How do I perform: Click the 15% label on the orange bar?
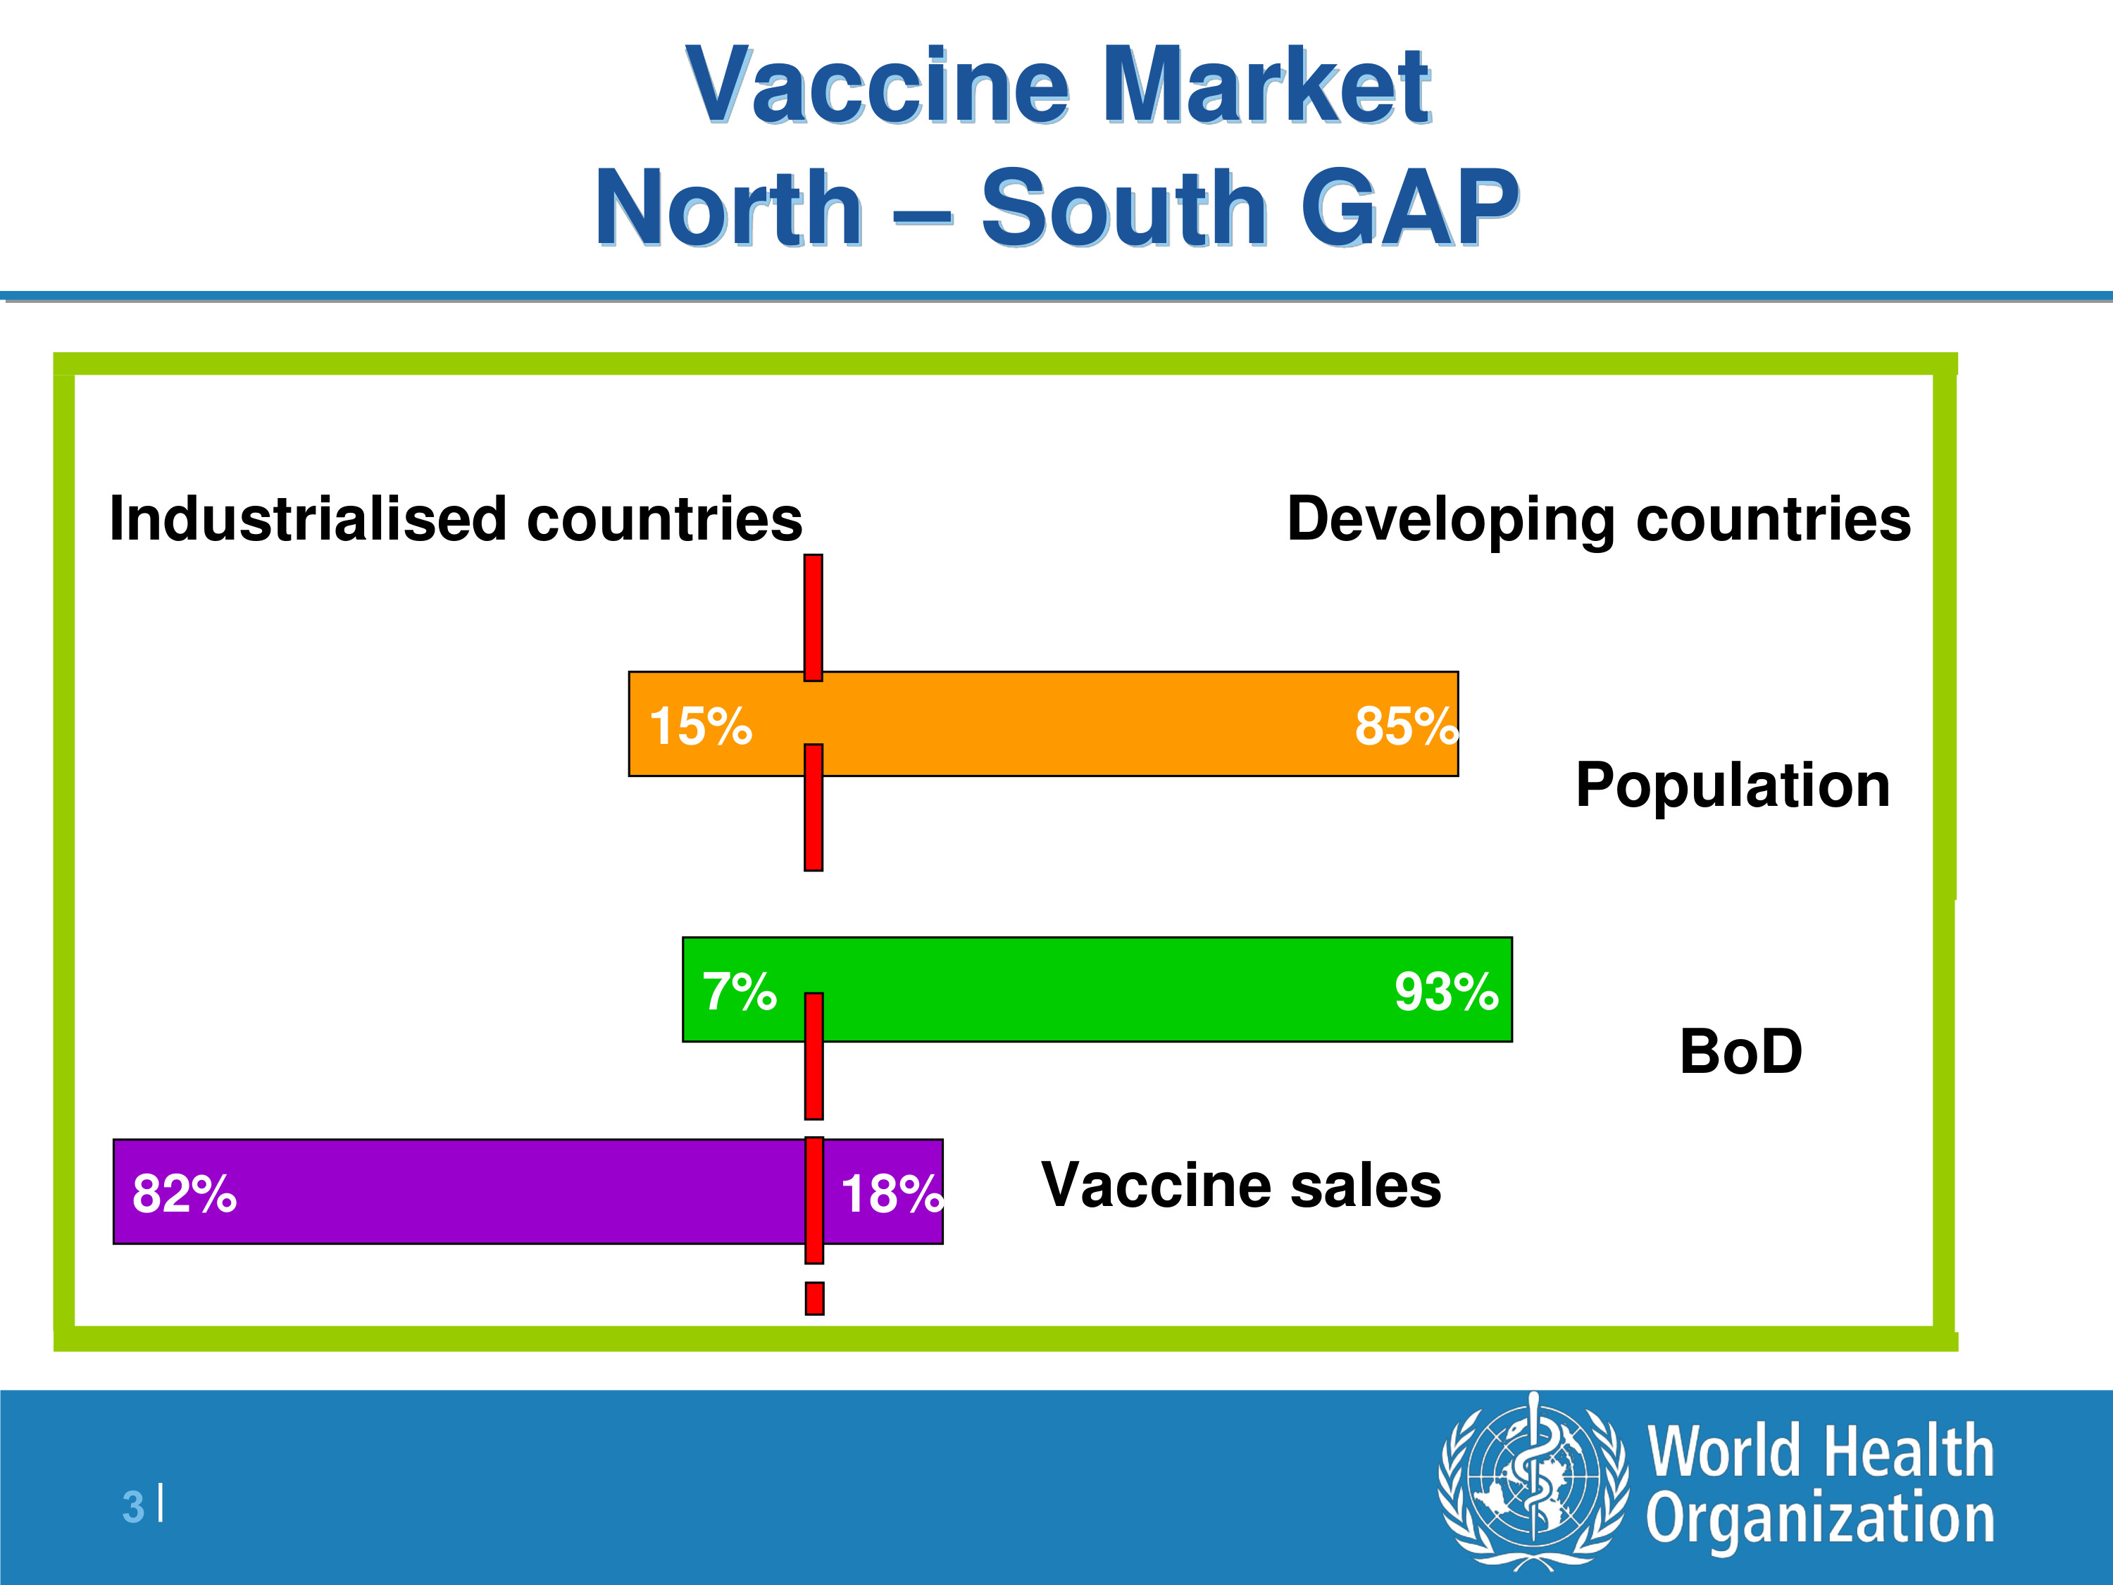[x=700, y=726]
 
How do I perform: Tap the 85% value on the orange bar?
[x=1406, y=726]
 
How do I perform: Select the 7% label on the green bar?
[x=740, y=992]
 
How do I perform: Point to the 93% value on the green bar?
[x=1446, y=992]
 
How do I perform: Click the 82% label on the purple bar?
[x=185, y=1194]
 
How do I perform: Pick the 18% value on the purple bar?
[x=892, y=1194]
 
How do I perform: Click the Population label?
[x=1733, y=785]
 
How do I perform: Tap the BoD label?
[x=1740, y=1052]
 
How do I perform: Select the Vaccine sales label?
[x=1241, y=1186]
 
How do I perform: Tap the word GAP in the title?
[x=1410, y=207]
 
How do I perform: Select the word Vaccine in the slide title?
[x=877, y=85]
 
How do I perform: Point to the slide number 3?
[x=133, y=1507]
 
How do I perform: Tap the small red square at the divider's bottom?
[x=815, y=1298]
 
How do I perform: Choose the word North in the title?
[x=729, y=207]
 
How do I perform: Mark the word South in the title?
[x=1124, y=207]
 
